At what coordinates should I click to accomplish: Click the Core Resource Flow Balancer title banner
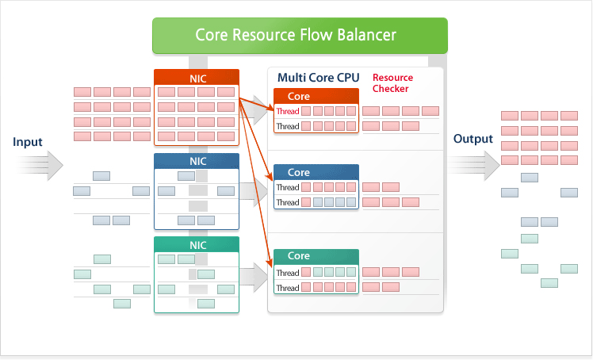[300, 35]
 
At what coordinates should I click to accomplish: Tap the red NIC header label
[197, 79]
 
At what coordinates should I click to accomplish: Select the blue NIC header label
[197, 161]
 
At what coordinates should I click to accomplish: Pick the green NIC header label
[197, 245]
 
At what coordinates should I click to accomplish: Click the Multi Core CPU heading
[318, 78]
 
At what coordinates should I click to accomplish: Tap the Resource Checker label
[392, 82]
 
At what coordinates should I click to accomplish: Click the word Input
[27, 142]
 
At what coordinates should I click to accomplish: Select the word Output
[472, 139]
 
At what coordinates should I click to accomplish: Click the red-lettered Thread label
[288, 111]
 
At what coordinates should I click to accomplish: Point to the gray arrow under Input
[40, 166]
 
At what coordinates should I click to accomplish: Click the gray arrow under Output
[474, 166]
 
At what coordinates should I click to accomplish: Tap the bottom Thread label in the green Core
[288, 288]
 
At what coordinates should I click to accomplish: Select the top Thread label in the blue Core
[288, 188]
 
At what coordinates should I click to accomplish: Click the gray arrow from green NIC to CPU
[254, 278]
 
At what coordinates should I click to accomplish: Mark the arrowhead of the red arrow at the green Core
[270, 262]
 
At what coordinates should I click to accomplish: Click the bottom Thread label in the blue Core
[288, 203]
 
